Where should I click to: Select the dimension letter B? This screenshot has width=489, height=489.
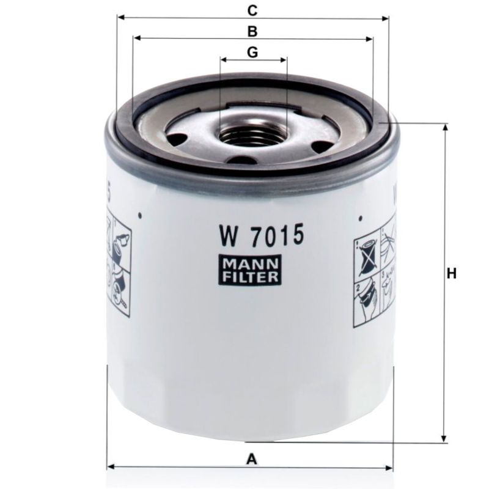point(251,31)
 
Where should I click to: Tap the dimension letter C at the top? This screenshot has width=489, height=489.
point(251,10)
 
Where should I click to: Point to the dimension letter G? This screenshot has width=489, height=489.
point(252,53)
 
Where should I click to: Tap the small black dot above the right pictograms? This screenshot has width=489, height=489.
point(361,216)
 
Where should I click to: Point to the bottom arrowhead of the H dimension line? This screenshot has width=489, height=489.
point(443,438)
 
